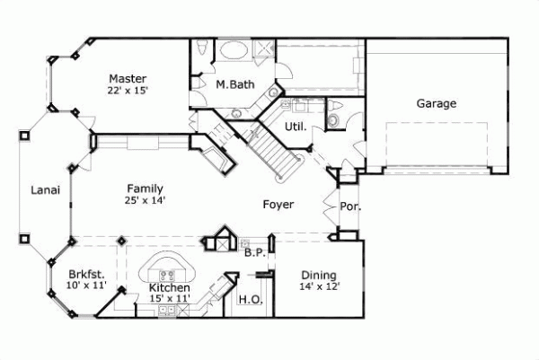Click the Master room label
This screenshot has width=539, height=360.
(x=128, y=78)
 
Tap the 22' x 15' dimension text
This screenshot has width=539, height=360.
(x=128, y=91)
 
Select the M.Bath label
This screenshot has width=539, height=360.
(x=234, y=85)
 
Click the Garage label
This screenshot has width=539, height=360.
(x=436, y=103)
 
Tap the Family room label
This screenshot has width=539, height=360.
(x=144, y=189)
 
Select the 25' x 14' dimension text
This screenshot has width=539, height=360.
(x=144, y=200)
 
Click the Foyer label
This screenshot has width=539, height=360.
(x=278, y=205)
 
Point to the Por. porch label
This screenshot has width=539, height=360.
(x=350, y=206)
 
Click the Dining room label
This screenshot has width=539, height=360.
(x=319, y=275)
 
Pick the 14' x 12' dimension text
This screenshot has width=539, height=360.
(x=319, y=286)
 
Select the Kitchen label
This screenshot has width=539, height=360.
(x=169, y=287)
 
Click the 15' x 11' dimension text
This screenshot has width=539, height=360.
(x=169, y=298)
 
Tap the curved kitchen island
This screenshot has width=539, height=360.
(x=167, y=266)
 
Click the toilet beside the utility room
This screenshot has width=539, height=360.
(x=334, y=117)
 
